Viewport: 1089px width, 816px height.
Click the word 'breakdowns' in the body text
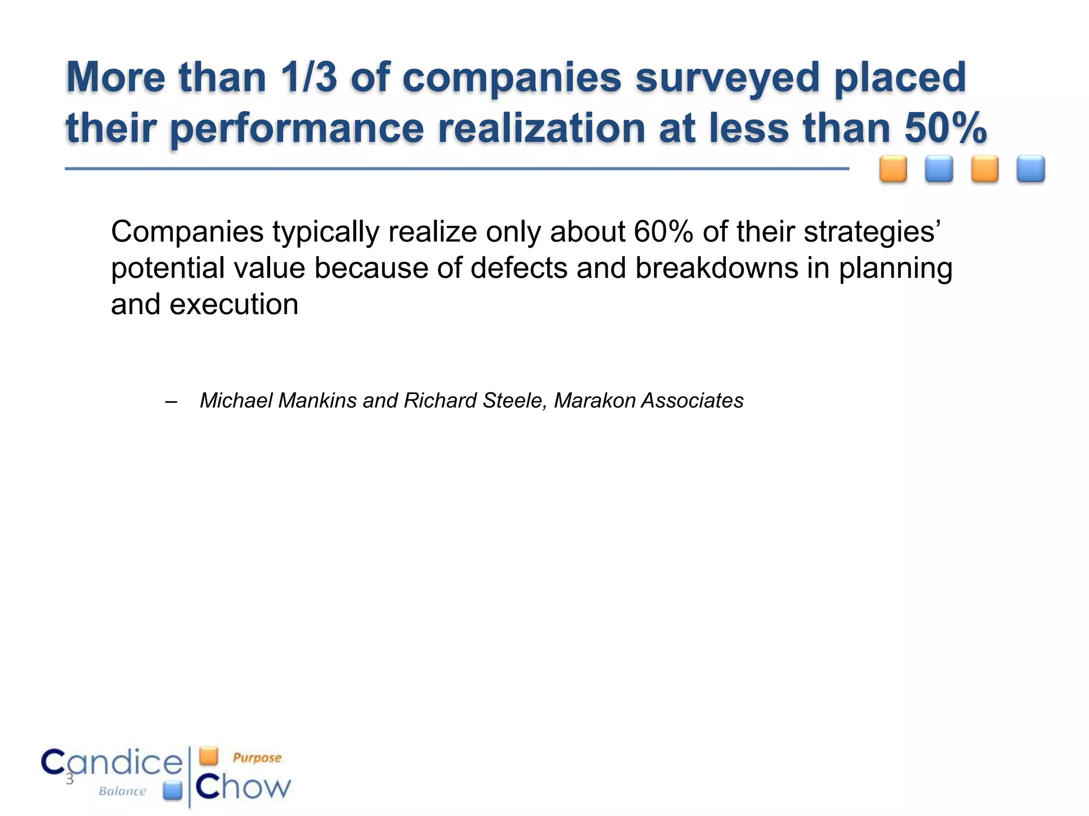click(x=716, y=268)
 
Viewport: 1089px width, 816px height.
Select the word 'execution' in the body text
click(x=234, y=304)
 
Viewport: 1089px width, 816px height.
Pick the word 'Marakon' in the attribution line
click(x=594, y=401)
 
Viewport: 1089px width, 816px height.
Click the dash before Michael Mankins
click(x=171, y=402)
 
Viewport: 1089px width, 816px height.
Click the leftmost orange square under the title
click(x=893, y=169)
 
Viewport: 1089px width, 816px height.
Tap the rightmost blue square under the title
click(x=1031, y=169)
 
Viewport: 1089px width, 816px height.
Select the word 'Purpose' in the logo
click(x=257, y=758)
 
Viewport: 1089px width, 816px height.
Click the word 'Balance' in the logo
click(x=122, y=792)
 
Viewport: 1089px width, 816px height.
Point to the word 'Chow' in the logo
click(x=244, y=787)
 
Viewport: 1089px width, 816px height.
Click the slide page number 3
click(x=69, y=780)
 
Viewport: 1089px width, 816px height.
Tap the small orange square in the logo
click(x=209, y=755)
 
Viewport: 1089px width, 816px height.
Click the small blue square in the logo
click(x=173, y=790)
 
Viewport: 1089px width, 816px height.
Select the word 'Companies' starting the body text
click(x=187, y=232)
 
